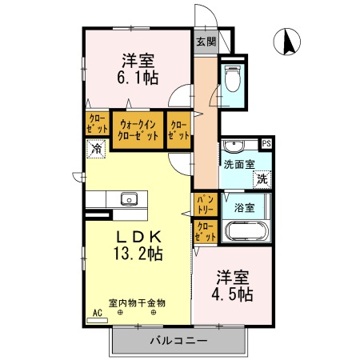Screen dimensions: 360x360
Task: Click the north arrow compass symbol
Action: pos(287,41)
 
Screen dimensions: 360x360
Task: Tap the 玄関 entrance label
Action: pos(205,42)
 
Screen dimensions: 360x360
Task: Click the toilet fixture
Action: pos(233,81)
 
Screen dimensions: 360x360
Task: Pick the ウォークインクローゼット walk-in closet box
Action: pos(138,130)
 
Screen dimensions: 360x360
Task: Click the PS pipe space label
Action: pos(266,144)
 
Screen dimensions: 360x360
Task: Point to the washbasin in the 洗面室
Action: pos(234,146)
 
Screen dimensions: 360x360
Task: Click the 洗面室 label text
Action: pos(238,165)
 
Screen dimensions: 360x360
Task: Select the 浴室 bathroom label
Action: pos(244,207)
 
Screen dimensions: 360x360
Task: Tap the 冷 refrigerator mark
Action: pos(97,148)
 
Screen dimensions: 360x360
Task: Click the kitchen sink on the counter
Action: pos(128,199)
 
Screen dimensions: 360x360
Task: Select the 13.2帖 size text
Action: pos(137,254)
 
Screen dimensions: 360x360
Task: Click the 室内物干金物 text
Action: pos(137,303)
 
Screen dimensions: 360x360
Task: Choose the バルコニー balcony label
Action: pos(178,342)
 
